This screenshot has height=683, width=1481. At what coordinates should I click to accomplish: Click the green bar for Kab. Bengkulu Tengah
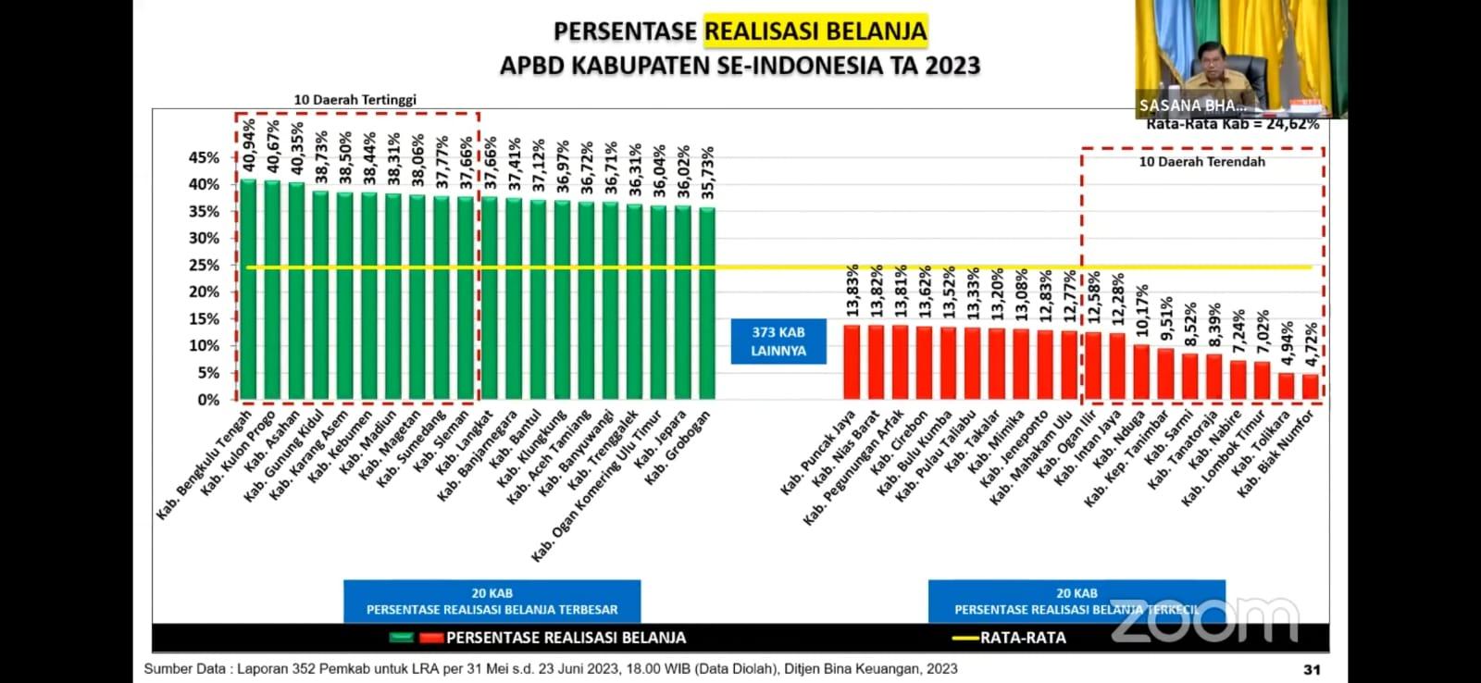tap(248, 289)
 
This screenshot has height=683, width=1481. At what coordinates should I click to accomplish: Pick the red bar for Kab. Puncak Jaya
tap(852, 362)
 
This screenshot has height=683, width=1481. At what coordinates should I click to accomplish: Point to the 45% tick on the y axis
tap(205, 158)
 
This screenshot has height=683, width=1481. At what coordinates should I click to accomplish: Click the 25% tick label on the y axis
tap(205, 266)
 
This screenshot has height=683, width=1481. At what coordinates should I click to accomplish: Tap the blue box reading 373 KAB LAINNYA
tap(778, 341)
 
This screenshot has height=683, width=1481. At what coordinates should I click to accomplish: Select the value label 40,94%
tap(248, 145)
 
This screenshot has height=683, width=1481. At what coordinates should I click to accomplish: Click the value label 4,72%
tap(1311, 345)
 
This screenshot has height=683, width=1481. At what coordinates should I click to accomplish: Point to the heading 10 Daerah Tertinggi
tap(355, 100)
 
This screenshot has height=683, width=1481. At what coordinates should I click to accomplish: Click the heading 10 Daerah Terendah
tap(1201, 162)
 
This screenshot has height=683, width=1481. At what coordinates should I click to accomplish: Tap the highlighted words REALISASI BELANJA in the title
tap(815, 31)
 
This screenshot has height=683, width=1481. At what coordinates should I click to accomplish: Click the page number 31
tap(1312, 669)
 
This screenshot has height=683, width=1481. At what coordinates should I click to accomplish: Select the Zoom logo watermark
tap(1204, 618)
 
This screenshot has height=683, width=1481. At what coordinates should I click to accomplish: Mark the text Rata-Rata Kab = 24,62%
tap(1232, 124)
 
